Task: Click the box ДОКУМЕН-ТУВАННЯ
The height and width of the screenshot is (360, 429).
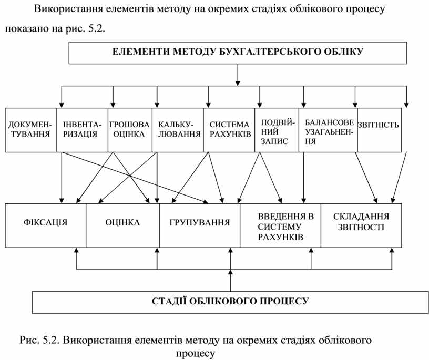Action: click(30, 130)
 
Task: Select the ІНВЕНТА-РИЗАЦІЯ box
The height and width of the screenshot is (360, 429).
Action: click(82, 130)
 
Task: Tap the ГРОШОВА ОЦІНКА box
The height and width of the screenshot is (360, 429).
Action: click(129, 130)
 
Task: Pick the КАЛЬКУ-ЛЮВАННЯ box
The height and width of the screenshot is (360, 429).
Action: click(177, 130)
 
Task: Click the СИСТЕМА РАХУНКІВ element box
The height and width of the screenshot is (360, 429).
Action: click(229, 130)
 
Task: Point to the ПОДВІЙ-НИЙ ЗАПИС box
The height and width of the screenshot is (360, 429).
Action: click(276, 130)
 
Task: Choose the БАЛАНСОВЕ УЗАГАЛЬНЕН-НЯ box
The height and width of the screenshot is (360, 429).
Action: click(328, 130)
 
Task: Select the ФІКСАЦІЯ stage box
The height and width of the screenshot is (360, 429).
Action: click(45, 223)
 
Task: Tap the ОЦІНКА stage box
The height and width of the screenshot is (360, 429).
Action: click(122, 223)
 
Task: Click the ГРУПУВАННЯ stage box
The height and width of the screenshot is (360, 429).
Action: click(200, 223)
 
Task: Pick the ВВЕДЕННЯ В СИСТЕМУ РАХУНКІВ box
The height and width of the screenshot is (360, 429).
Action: click(280, 226)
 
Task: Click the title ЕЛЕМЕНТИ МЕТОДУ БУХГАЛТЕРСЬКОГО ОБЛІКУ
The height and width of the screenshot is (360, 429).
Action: click(238, 52)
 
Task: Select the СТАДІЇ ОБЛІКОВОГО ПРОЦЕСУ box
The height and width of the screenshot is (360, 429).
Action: click(230, 301)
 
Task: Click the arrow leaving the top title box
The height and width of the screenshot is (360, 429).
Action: click(238, 74)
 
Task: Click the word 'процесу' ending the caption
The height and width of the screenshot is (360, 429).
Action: click(195, 353)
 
